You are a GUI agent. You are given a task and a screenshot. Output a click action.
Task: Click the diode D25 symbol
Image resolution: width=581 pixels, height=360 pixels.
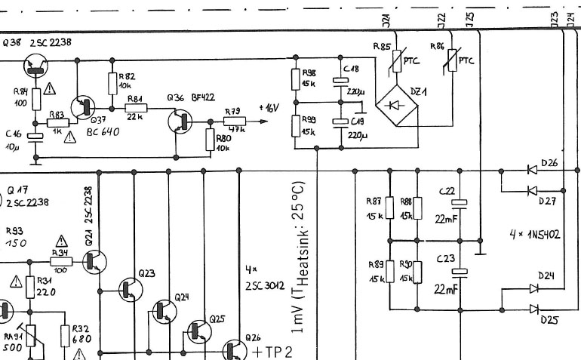pyautogui.click(x=533, y=308)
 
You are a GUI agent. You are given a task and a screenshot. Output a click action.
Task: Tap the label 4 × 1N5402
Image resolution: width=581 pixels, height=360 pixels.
pyautogui.click(x=534, y=235)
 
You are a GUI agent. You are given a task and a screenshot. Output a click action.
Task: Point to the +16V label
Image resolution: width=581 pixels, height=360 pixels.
pyautogui.click(x=269, y=108)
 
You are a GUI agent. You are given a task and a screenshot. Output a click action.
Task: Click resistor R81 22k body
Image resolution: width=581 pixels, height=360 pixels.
pyautogui.click(x=135, y=109)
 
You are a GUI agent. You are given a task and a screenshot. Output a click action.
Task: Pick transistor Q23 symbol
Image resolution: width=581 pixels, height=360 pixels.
pyautogui.click(x=129, y=288)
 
